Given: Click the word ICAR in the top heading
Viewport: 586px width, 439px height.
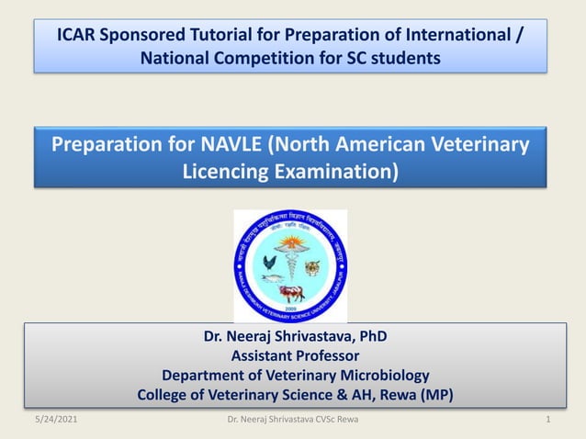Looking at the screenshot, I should (x=79, y=35).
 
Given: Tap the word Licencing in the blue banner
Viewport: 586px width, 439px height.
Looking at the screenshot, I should (x=223, y=171).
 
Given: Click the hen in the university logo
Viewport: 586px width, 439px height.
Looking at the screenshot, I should (x=268, y=263).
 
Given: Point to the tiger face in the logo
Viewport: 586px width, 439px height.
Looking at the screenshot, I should (x=312, y=267).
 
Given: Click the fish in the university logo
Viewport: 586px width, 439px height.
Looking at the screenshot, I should (x=269, y=278).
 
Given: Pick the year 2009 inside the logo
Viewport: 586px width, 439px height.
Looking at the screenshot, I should (x=290, y=309).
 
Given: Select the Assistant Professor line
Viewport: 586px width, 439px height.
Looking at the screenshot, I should (x=294, y=355).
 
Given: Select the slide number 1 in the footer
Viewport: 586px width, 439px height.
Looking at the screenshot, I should (x=547, y=420).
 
